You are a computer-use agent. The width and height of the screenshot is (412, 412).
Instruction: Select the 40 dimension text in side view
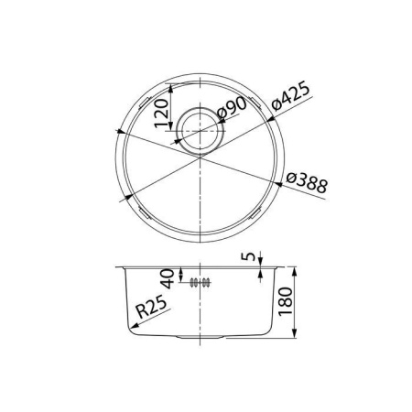click(168, 276)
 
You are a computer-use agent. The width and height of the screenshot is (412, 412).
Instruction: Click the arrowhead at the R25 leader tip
click(126, 334)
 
